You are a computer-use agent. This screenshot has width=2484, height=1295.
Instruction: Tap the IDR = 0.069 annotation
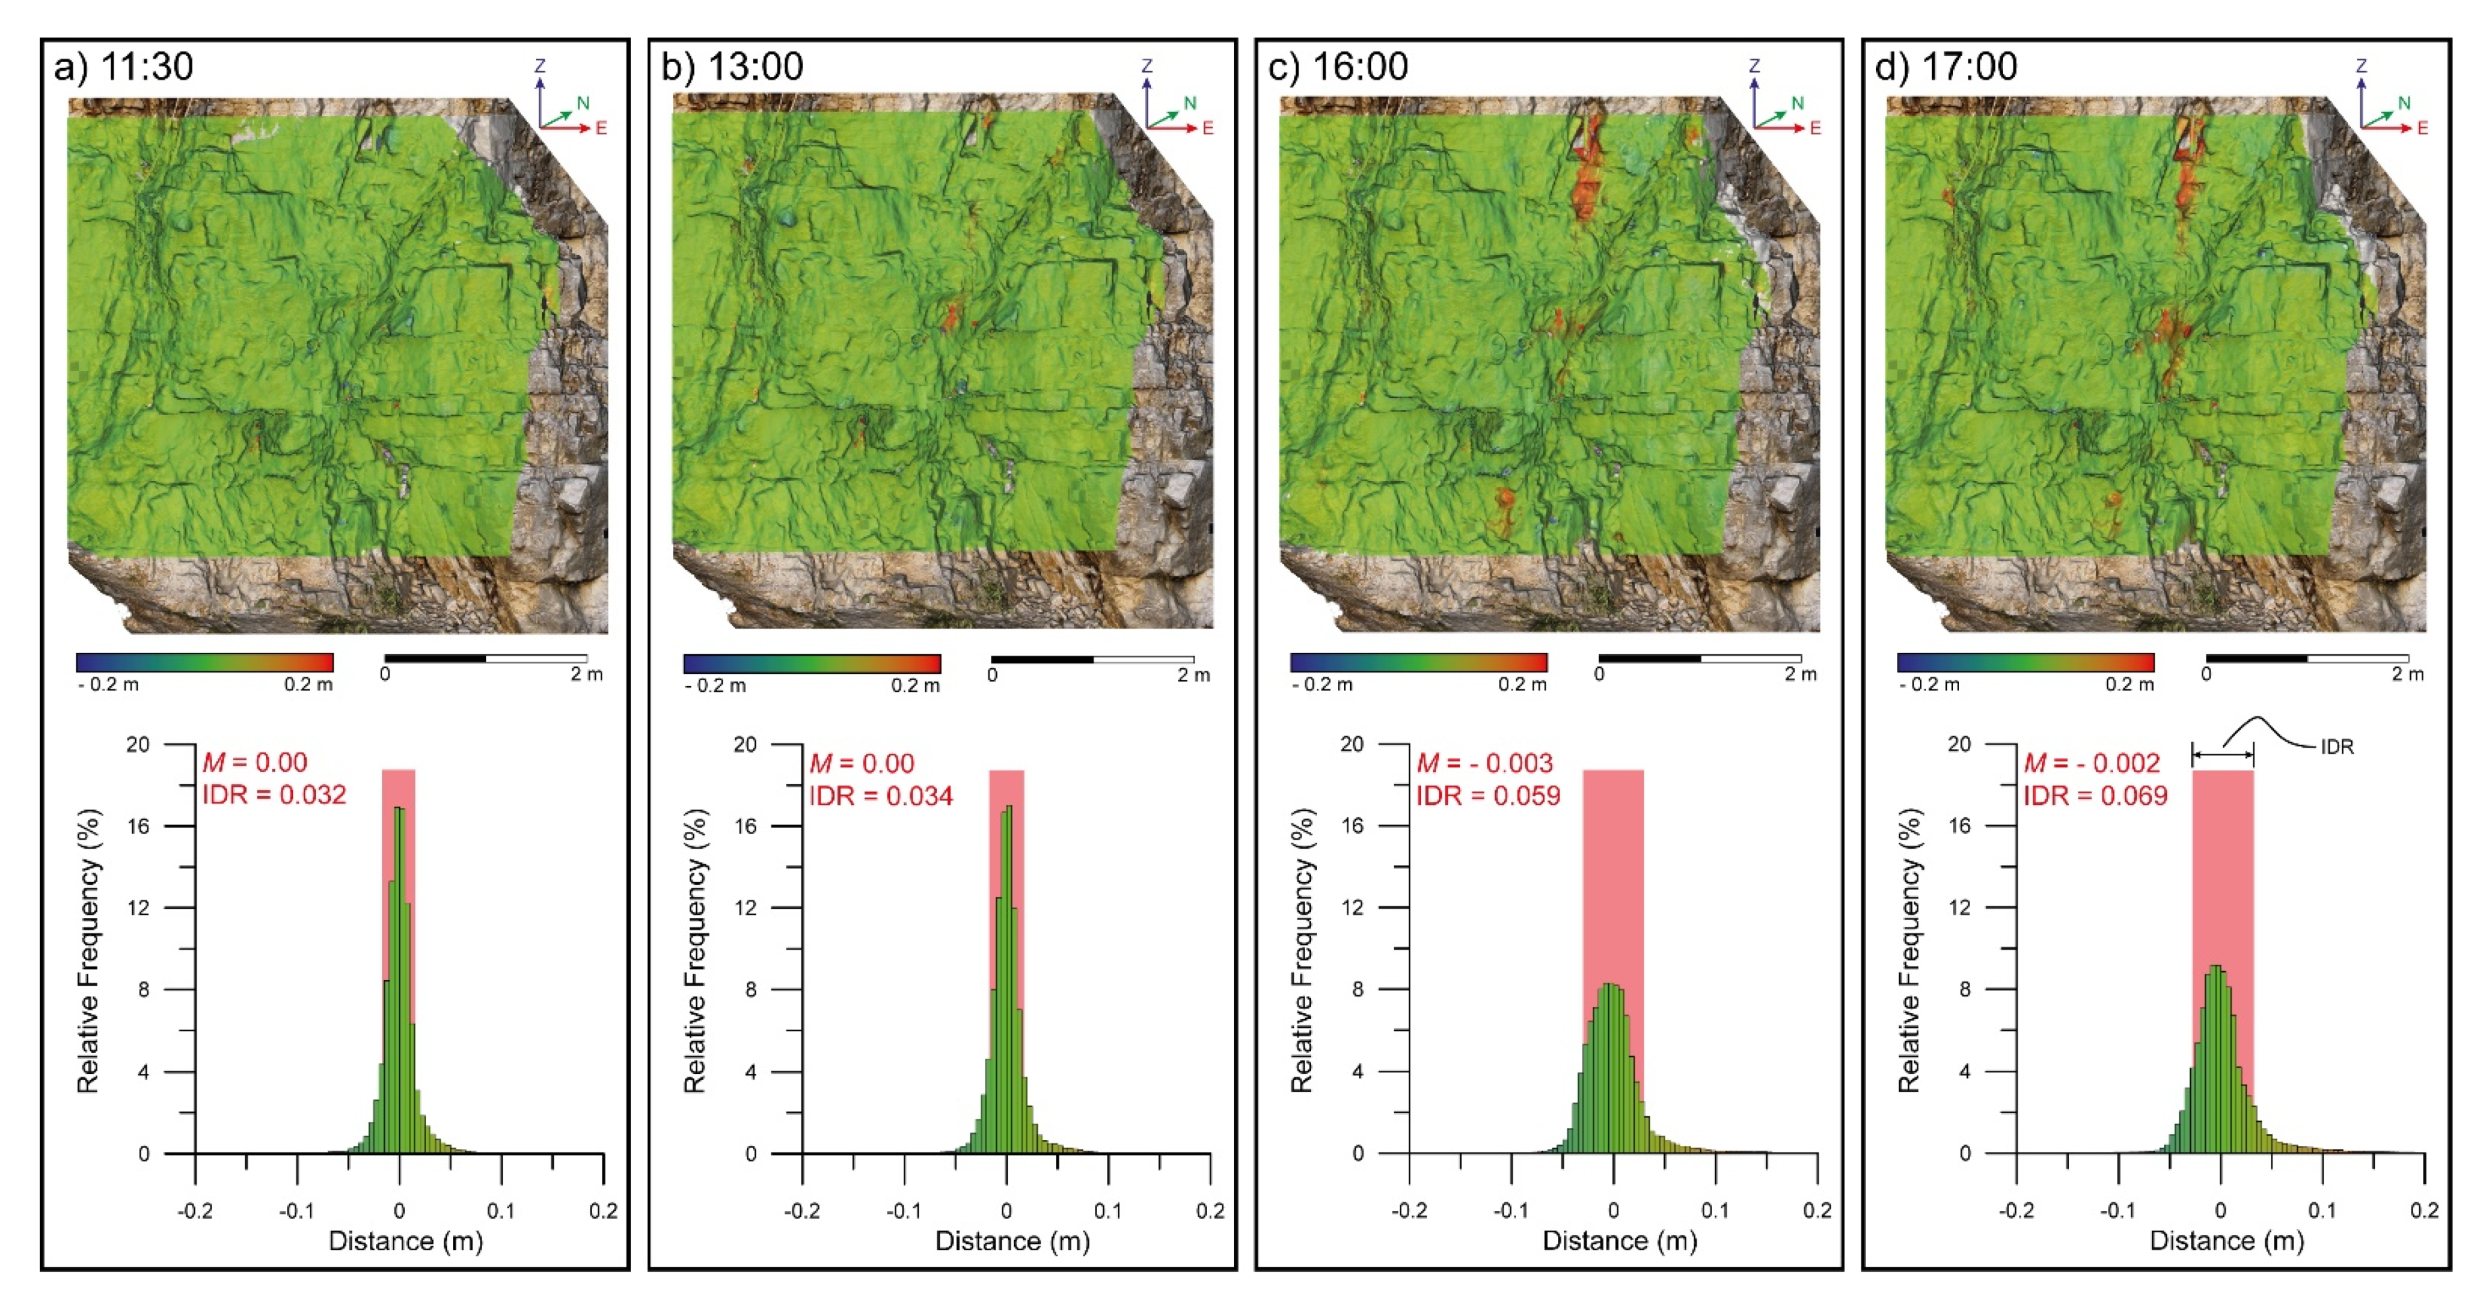point(2094,796)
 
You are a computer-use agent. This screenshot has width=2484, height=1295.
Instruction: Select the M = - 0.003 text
point(1484,764)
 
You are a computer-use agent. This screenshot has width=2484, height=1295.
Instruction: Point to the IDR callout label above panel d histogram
point(2337,746)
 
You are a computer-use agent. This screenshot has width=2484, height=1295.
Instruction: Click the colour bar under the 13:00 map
point(811,663)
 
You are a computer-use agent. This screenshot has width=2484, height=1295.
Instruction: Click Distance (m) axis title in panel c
point(1619,1241)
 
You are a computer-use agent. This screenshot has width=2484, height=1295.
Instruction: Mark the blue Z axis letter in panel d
point(2362,66)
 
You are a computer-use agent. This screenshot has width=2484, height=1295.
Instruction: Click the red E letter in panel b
point(1208,128)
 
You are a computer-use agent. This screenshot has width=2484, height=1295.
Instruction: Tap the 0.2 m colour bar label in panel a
point(308,684)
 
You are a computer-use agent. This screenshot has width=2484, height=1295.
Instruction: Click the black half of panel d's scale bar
point(2257,659)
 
